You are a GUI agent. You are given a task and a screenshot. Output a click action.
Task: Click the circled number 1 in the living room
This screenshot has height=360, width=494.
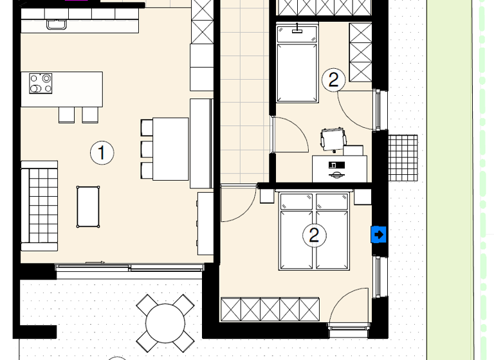[x=102, y=153]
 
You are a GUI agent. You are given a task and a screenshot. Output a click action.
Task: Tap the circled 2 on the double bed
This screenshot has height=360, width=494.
[x=314, y=235]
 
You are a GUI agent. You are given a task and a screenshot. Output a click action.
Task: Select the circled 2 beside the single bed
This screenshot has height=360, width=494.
[x=333, y=80]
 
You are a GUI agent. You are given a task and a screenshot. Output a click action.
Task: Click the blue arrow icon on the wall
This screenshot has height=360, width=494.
[x=379, y=235]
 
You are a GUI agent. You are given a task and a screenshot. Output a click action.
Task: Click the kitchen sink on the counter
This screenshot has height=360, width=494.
[x=56, y=25]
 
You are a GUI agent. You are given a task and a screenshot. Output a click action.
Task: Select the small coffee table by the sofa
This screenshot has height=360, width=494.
[x=89, y=206]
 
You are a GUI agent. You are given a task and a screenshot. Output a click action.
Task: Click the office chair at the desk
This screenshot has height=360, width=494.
[x=333, y=139]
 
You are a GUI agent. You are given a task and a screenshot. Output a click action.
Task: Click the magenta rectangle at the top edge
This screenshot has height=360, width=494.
[x=77, y=1]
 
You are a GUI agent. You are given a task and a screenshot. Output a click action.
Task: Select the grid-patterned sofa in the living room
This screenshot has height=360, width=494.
[x=39, y=205]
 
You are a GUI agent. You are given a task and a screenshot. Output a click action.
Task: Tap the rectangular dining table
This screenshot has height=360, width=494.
[x=170, y=148]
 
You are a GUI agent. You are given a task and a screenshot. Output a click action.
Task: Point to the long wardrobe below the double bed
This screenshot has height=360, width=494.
[x=270, y=309]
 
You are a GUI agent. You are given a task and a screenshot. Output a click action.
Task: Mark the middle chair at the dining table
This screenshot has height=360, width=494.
[x=147, y=148]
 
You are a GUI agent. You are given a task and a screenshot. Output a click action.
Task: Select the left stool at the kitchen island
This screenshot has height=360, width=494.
[x=68, y=114]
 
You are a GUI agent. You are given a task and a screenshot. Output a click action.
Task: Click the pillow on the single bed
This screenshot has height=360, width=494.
[x=297, y=34]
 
